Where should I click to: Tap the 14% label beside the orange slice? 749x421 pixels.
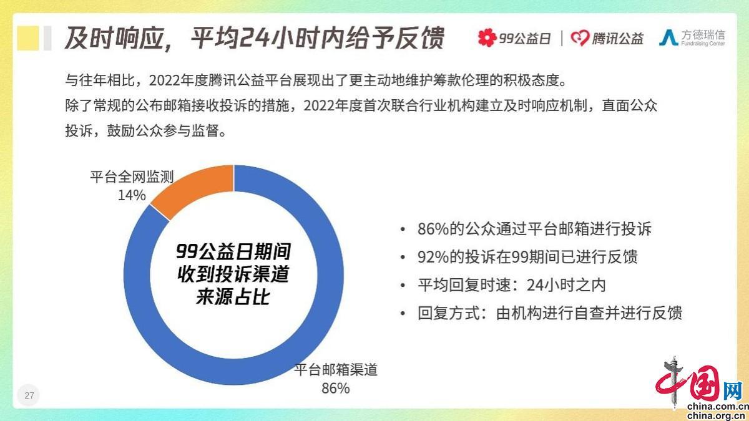pyautogui.click(x=132, y=195)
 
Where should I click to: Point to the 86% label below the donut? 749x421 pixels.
pyautogui.click(x=335, y=388)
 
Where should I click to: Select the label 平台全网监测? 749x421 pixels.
pyautogui.click(x=132, y=177)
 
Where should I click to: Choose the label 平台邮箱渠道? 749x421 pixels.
pyautogui.click(x=336, y=370)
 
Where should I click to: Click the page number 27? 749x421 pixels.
pyautogui.click(x=29, y=395)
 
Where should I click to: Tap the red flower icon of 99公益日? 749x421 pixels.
pyautogui.click(x=487, y=38)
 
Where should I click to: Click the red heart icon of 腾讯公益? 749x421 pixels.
pyautogui.click(x=580, y=38)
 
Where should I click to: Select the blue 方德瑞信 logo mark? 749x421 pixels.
pyautogui.click(x=668, y=37)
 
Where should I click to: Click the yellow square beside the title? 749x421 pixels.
pyautogui.click(x=27, y=38)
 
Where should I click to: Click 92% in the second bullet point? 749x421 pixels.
pyautogui.click(x=433, y=257)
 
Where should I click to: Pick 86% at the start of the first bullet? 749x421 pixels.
pyautogui.click(x=433, y=230)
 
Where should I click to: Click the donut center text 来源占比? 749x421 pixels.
pyautogui.click(x=233, y=297)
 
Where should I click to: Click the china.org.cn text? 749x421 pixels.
pyautogui.click(x=718, y=416)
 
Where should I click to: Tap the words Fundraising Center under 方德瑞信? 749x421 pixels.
pyautogui.click(x=703, y=44)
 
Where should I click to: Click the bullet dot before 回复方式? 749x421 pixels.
pyautogui.click(x=403, y=314)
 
